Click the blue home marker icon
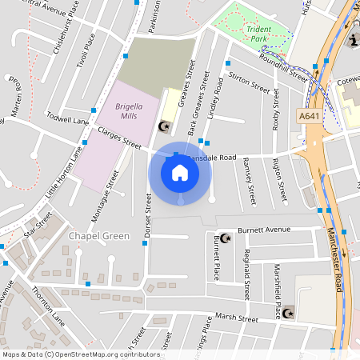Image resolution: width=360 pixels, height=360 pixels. click(180, 172)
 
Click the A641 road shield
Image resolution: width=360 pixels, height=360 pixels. click(316, 115)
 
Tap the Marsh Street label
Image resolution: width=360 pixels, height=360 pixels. click(237, 319)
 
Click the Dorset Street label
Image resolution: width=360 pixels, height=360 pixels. click(149, 217)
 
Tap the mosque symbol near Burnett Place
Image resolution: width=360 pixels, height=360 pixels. click(226, 238)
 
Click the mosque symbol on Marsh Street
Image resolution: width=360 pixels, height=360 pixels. click(290, 310)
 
